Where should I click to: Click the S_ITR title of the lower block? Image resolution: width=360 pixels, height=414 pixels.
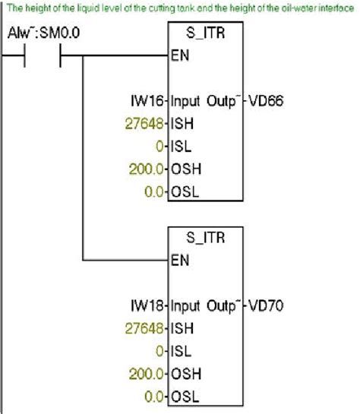pos(205,238)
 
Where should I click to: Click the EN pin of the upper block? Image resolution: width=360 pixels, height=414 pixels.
pos(179,55)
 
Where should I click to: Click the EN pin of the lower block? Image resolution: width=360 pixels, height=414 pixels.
pos(179,259)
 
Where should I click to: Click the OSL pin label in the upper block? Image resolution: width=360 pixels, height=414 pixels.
pos(184,191)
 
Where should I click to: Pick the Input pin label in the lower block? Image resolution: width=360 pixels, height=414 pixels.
pos(187,308)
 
